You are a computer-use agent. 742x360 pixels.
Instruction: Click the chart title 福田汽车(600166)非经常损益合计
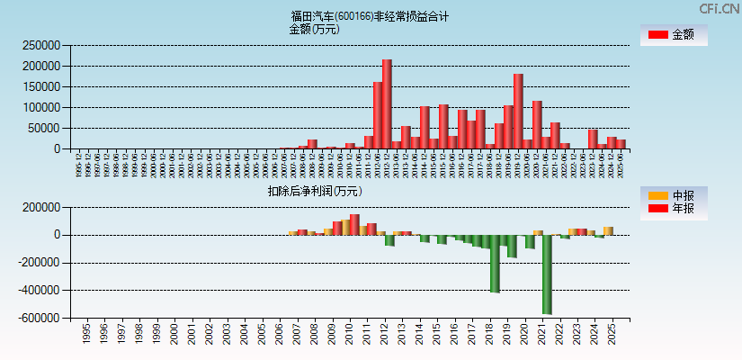[x=370, y=16]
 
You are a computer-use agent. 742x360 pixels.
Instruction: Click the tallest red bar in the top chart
[x=387, y=104]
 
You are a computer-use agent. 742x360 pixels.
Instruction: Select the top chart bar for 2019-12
[x=518, y=112]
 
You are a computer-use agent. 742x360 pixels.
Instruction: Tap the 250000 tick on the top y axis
[x=41, y=45]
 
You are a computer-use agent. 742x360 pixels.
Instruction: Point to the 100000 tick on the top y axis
[x=41, y=107]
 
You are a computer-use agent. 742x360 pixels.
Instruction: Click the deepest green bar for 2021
[x=547, y=274]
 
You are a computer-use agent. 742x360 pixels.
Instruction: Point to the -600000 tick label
[x=39, y=319]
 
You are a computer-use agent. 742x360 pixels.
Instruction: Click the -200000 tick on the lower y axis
[x=39, y=263]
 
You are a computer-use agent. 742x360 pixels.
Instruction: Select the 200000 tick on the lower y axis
[x=41, y=207]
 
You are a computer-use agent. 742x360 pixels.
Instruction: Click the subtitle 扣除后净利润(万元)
[x=315, y=191]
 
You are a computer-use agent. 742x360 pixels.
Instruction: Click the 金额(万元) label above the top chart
[x=314, y=29]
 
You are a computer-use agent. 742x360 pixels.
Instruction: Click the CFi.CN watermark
[x=718, y=9]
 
